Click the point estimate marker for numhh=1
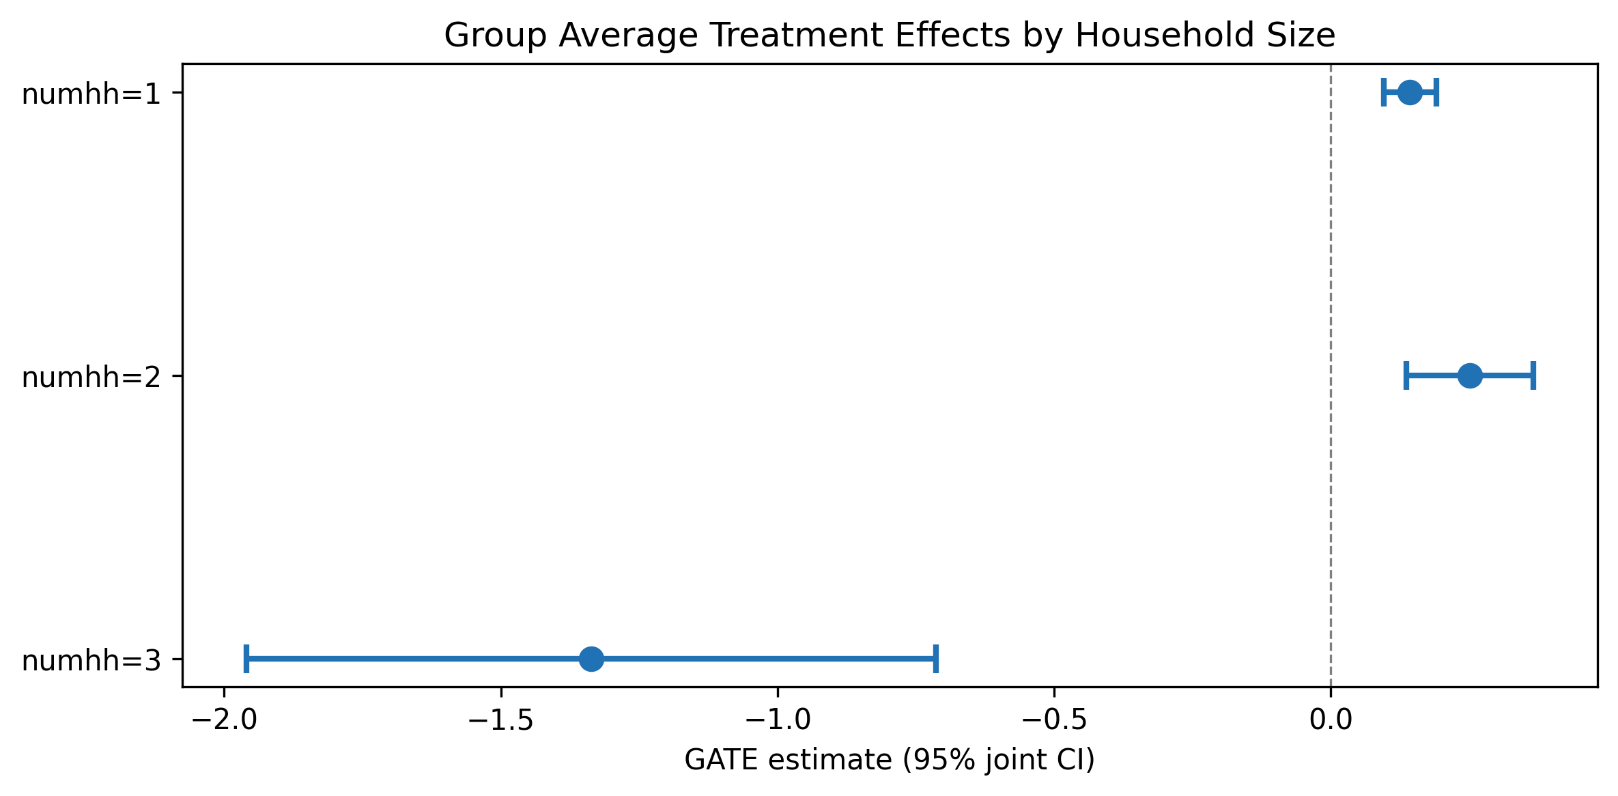pos(1410,92)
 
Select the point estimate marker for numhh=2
pos(1470,375)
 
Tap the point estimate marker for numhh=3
pos(591,659)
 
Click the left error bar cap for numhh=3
pos(246,659)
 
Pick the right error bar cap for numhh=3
pos(936,659)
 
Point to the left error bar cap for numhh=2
pos(1406,375)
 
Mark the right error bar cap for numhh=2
pos(1533,375)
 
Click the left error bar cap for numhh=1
pos(1384,92)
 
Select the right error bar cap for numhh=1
pos(1436,92)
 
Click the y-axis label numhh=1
pos(91,94)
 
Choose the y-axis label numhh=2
pos(91,378)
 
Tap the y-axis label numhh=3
pos(91,661)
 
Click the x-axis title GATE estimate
pos(890,760)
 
